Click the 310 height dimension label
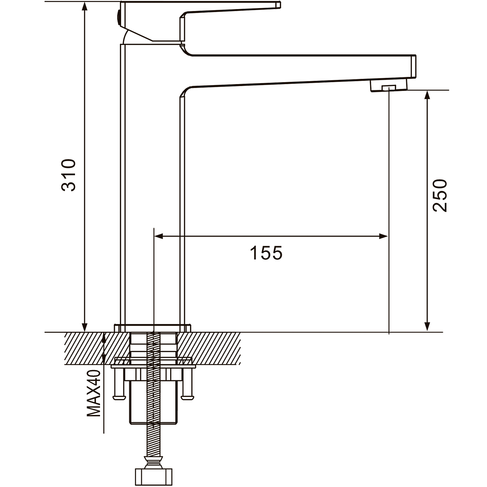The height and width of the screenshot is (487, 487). click(x=69, y=175)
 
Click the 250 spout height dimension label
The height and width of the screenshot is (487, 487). click(x=440, y=196)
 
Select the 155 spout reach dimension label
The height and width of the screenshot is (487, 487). click(x=266, y=253)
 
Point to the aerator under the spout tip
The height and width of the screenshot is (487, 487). click(x=389, y=86)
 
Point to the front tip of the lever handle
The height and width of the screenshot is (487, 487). click(x=279, y=5)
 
